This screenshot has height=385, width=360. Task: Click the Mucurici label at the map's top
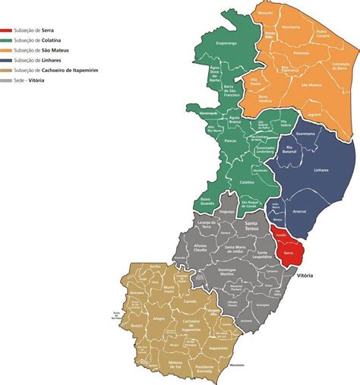coord(264,13)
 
